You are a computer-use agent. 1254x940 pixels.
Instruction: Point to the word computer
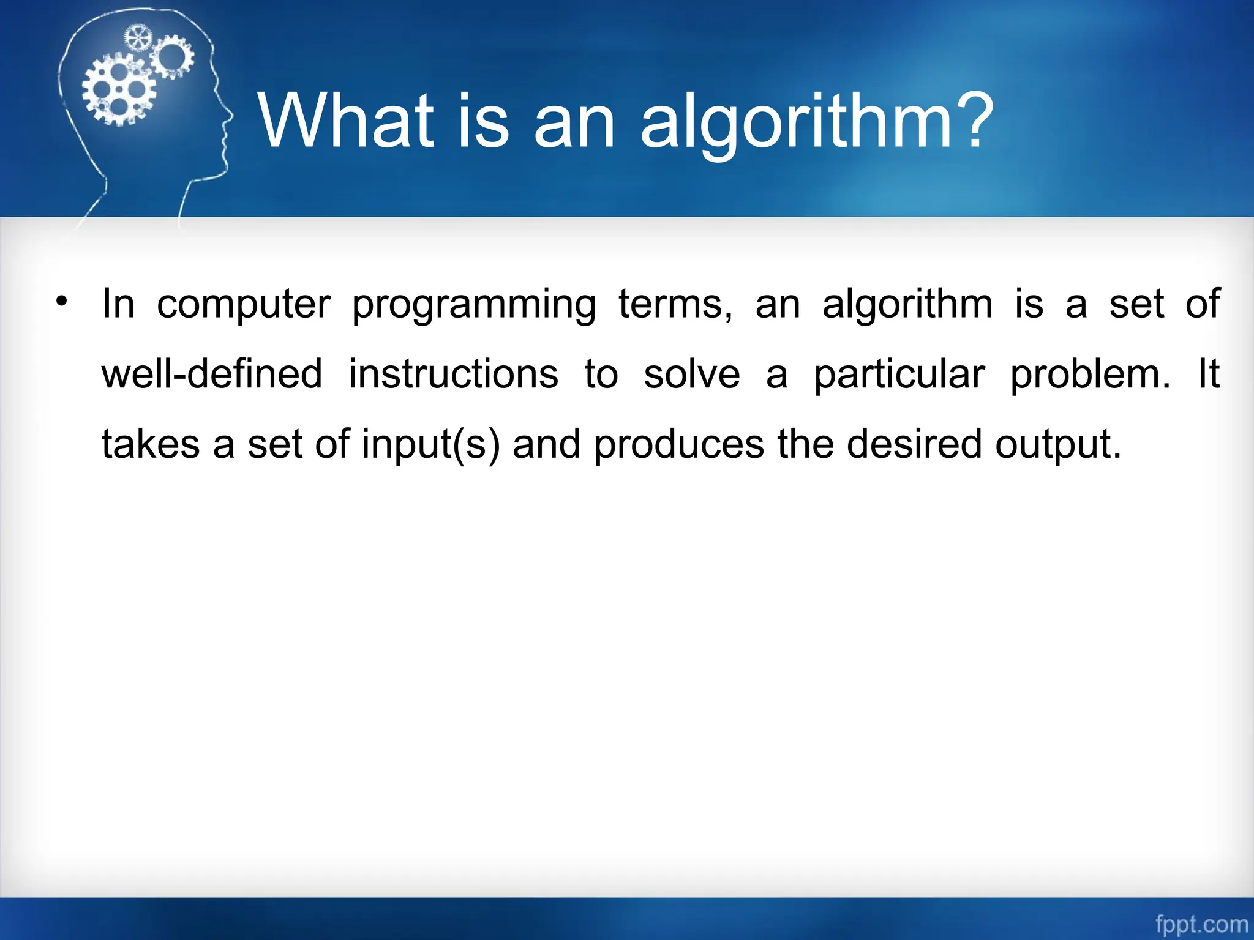coord(243,304)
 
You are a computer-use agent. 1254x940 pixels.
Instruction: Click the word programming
coord(473,306)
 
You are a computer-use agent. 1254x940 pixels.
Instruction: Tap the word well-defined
coord(211,374)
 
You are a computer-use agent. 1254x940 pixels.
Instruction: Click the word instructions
coord(453,374)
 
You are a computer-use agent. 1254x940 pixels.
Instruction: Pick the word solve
coord(692,374)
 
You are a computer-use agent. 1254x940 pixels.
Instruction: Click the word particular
coord(899,375)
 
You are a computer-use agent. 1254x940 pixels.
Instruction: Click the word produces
coord(679,445)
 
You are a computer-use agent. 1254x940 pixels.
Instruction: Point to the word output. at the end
coord(1058,445)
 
